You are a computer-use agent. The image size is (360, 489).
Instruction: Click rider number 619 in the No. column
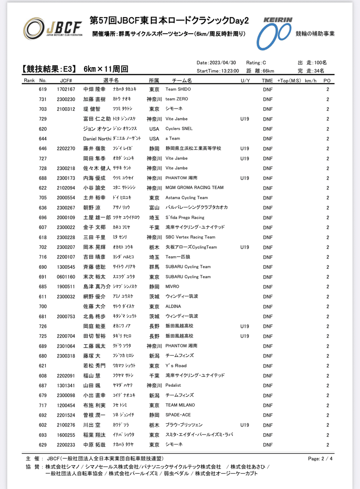[x=43, y=89]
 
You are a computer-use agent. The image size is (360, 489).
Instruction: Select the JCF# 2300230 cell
[x=66, y=99]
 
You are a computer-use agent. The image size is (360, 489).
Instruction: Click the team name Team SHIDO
[x=178, y=89]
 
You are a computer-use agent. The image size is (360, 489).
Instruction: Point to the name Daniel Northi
[x=97, y=139]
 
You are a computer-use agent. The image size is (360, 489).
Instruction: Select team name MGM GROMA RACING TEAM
[x=194, y=188]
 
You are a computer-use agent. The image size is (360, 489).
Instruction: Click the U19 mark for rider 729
[x=245, y=119]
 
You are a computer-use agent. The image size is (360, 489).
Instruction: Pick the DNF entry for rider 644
[x=268, y=139]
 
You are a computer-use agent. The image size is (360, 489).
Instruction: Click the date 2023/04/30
[x=223, y=62]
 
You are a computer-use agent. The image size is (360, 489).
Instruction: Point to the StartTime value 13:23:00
[x=228, y=71]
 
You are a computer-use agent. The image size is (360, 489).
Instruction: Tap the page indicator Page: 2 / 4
[x=320, y=458]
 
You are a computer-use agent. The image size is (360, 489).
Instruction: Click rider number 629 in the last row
[x=43, y=444]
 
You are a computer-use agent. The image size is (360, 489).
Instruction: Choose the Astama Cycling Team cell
[x=187, y=198]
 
